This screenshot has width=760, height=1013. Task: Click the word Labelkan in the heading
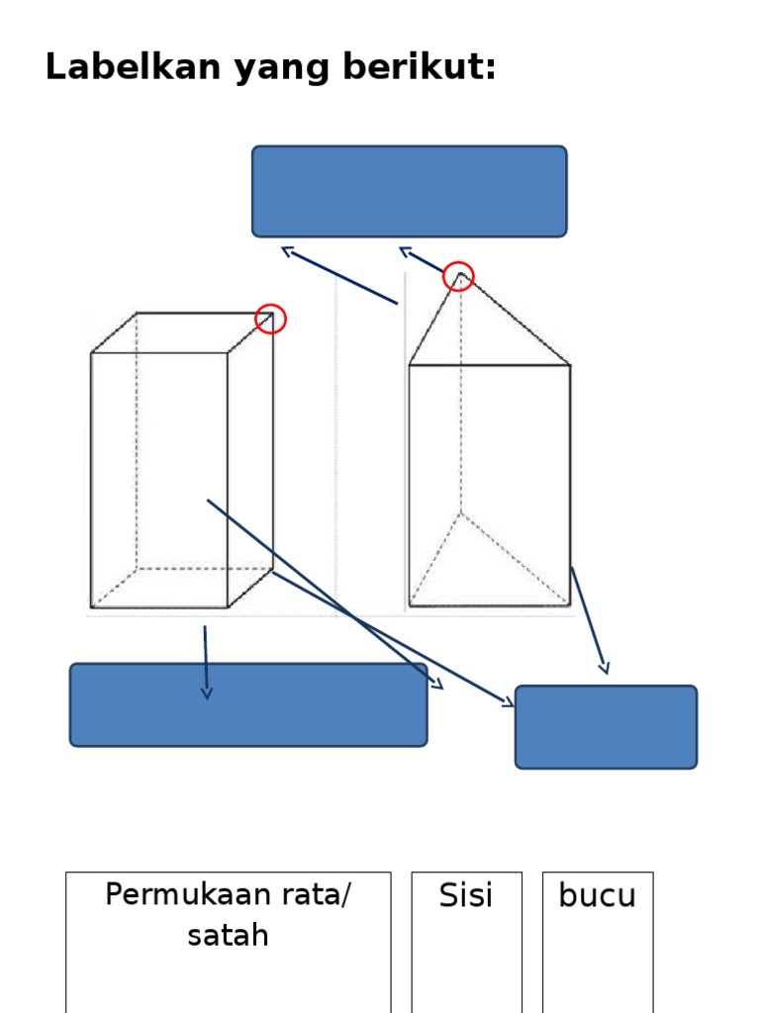click(x=134, y=66)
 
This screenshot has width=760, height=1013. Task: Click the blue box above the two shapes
click(x=409, y=191)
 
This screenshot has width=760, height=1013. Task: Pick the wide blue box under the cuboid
click(x=248, y=704)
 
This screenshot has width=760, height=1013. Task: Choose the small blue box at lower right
click(x=606, y=727)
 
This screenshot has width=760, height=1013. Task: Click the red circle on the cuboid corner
click(x=271, y=319)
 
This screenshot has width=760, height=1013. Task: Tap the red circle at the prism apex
click(x=458, y=276)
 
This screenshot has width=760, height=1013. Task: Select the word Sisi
click(x=466, y=894)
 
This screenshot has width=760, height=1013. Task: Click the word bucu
click(x=597, y=895)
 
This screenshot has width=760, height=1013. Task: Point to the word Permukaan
click(x=188, y=894)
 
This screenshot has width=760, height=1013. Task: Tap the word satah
click(x=228, y=935)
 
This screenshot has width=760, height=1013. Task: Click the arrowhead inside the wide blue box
click(x=206, y=692)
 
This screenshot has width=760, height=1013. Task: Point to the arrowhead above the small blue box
click(x=605, y=668)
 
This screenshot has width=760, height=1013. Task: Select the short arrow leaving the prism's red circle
click(x=422, y=260)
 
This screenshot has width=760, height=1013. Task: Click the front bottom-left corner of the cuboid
click(x=91, y=607)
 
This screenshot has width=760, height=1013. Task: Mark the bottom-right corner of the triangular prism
click(x=570, y=605)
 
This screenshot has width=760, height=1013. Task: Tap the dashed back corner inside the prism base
click(x=461, y=513)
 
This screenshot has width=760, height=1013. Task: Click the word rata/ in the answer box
click(x=317, y=894)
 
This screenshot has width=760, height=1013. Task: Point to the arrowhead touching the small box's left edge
click(x=508, y=701)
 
